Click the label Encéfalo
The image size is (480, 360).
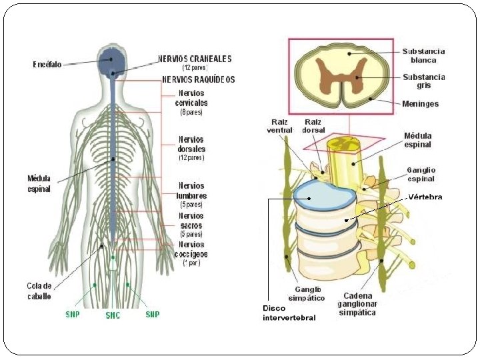pyautogui.click(x=47, y=65)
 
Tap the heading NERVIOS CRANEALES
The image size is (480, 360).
pyautogui.click(x=195, y=59)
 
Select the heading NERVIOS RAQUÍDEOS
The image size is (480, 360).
pyautogui.click(x=199, y=79)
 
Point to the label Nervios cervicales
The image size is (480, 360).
pyautogui.click(x=191, y=98)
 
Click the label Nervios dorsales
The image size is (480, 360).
pyautogui.click(x=191, y=144)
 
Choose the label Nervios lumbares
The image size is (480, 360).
pyautogui.click(x=191, y=191)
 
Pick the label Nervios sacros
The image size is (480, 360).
pyautogui.click(x=191, y=221)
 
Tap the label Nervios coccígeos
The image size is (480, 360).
pyautogui.click(x=192, y=249)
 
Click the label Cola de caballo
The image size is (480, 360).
pyautogui.click(x=39, y=291)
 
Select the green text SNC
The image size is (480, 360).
pyautogui.click(x=113, y=316)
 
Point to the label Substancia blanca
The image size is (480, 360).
pyautogui.click(x=423, y=55)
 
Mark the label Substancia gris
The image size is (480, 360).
pyautogui.click(x=423, y=81)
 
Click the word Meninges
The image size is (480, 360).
pyautogui.click(x=421, y=104)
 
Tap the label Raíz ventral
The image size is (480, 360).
pyautogui.click(x=279, y=125)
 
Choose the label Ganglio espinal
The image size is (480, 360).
pyautogui.click(x=421, y=174)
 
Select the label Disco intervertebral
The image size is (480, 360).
pyautogui.click(x=289, y=313)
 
